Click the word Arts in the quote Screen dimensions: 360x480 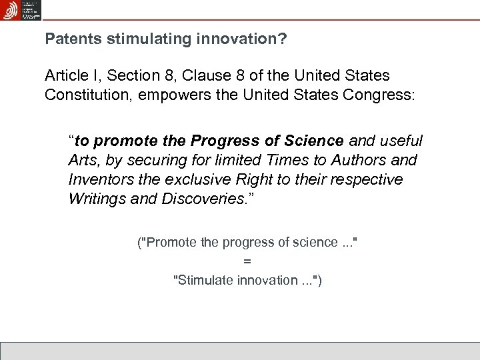click(82, 161)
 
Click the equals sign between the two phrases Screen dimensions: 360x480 click(247, 261)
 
